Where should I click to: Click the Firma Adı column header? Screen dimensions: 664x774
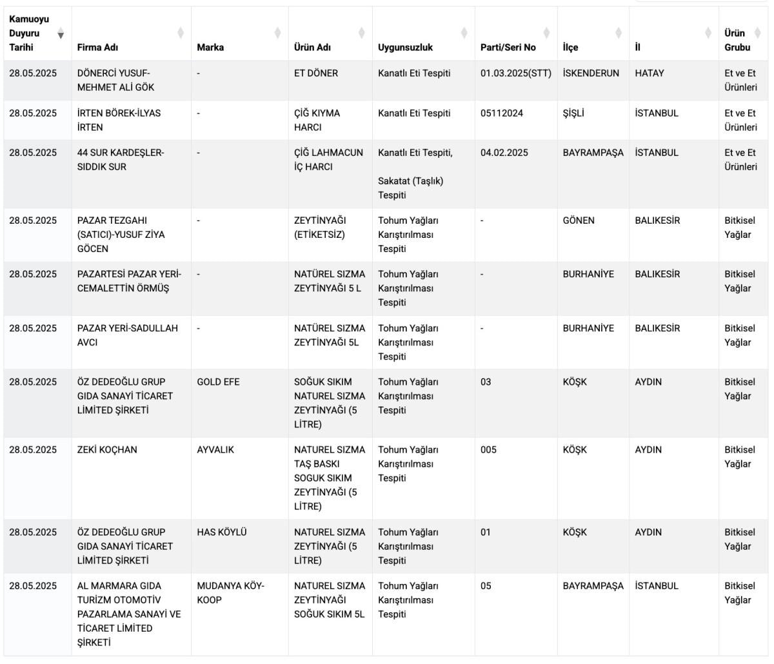97,47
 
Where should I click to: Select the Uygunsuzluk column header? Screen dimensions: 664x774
405,47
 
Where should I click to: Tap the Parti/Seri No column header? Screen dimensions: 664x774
508,47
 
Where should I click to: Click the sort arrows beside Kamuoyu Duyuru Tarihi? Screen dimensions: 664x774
61,34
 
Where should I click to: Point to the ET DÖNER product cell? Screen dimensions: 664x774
315,73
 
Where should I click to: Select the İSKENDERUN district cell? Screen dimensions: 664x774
590,73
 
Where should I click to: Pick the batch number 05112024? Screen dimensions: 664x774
501,113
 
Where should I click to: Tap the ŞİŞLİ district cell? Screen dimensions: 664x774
575,113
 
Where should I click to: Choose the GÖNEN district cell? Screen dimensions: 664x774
579,220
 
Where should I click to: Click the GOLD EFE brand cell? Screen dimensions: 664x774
218,382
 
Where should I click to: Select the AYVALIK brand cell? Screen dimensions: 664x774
215,450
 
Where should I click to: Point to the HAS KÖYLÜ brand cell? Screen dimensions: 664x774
221,532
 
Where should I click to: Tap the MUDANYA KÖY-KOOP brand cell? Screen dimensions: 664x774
230,593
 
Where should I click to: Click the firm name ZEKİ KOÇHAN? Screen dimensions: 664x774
107,450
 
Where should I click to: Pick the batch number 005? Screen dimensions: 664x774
488,450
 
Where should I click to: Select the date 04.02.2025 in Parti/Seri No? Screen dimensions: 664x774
504,153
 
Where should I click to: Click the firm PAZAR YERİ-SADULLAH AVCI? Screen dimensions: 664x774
127,335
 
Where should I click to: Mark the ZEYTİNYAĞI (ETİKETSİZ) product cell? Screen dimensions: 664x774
320,228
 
